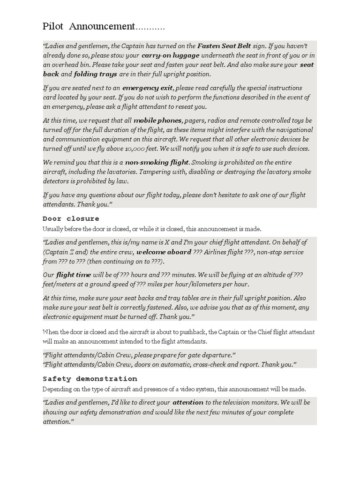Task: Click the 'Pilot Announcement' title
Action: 89,26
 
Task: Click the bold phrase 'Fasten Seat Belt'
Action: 224,46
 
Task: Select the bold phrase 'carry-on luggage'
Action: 170,55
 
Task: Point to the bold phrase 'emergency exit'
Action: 148,88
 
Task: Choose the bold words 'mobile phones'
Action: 157,120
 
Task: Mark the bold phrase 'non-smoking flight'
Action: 157,162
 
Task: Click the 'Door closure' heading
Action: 71,218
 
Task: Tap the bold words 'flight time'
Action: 73,275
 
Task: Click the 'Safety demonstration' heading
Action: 90,379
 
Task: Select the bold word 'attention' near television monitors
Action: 187,402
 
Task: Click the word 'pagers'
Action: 195,120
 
